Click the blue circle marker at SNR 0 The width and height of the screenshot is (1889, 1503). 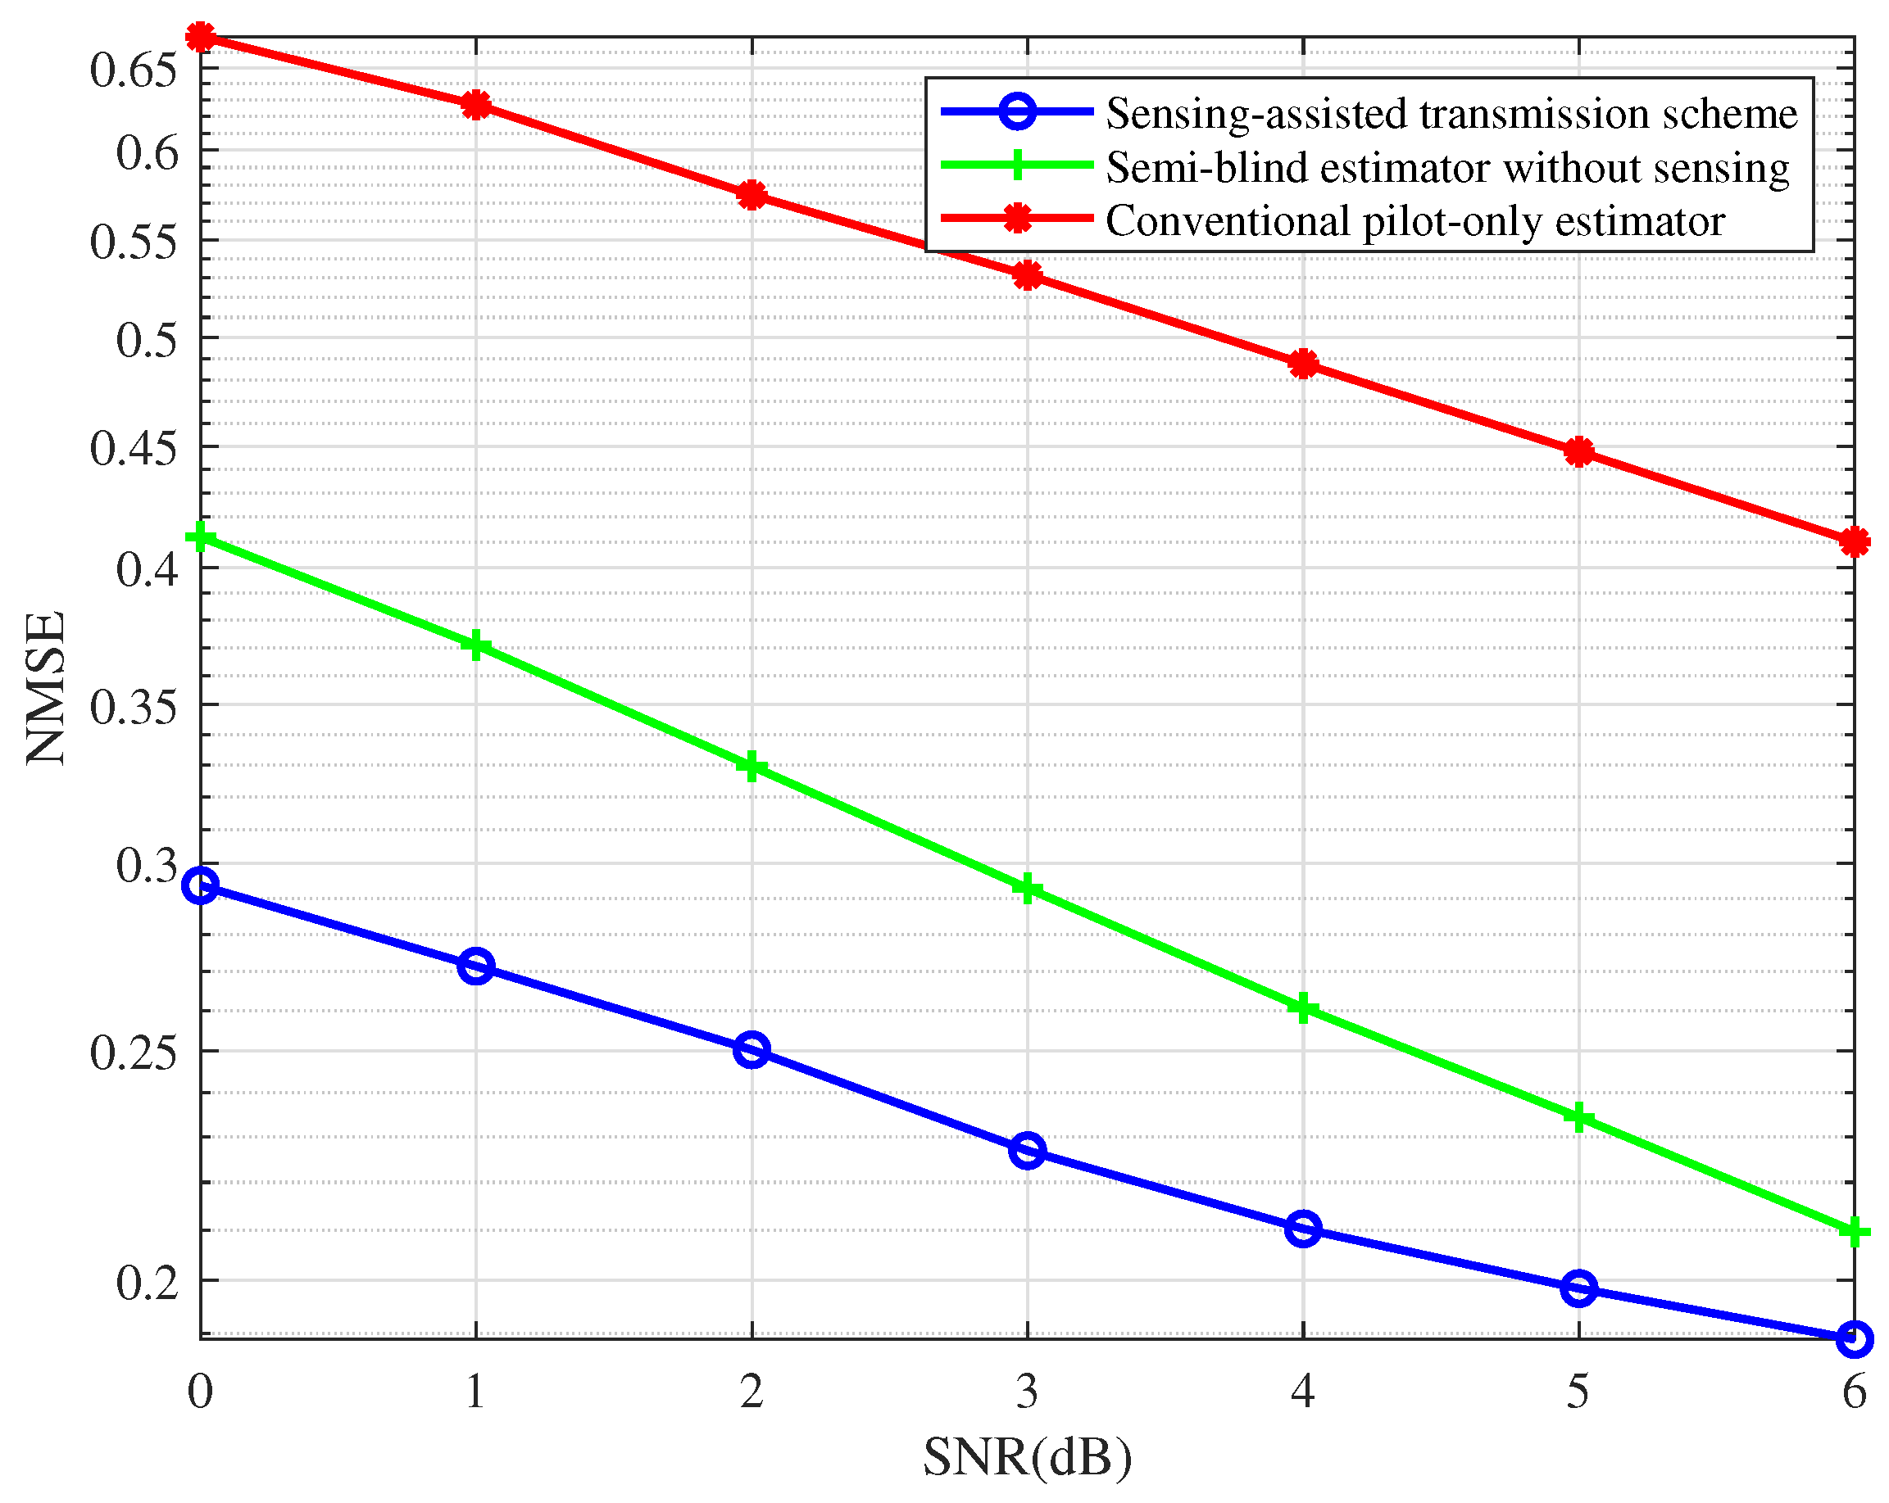[x=200, y=885]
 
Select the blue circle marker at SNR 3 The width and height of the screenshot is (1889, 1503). [x=1027, y=1150]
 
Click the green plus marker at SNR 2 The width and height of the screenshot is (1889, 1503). [x=751, y=767]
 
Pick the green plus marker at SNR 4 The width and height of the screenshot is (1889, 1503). [x=1303, y=1007]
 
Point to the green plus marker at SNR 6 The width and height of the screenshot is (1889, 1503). [x=1854, y=1233]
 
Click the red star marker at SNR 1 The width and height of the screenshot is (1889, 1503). [x=476, y=105]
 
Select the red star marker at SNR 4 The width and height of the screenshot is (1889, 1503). [x=1303, y=364]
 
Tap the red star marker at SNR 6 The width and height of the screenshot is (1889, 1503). [x=1854, y=542]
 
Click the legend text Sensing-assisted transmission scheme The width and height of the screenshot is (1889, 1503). [x=1451, y=113]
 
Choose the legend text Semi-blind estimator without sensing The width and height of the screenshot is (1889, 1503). [x=1447, y=167]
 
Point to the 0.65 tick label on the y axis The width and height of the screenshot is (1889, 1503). [x=134, y=70]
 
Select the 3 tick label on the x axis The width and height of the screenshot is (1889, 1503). [x=1027, y=1391]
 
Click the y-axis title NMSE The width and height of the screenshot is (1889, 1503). [x=46, y=687]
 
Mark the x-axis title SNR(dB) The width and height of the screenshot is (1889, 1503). [x=1027, y=1457]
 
